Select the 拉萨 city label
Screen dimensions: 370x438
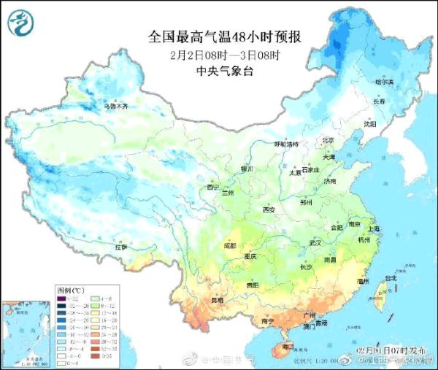tap(121, 247)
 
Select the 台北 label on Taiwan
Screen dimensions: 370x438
tap(391, 278)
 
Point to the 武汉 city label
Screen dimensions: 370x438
tap(315, 242)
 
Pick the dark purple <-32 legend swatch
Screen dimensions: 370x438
tap(61, 298)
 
